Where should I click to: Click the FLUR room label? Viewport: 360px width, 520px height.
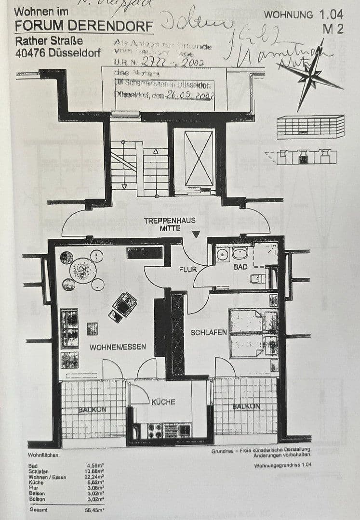coord(188,270)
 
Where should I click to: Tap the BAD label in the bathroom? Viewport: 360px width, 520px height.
coord(240,266)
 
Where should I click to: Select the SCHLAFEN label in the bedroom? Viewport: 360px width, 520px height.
coord(209,332)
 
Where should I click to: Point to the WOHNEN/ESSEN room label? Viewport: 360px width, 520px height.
coord(118,347)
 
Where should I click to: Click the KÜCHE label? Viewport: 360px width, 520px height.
coord(163,402)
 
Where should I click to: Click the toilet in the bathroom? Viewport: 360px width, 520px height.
coord(257,278)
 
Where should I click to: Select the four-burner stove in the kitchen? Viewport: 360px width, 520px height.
coord(155,430)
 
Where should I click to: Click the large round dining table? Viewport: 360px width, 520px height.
coord(83,270)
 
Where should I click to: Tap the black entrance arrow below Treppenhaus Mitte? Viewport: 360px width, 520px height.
coord(196,234)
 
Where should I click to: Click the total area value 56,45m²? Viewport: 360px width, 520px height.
coord(95,509)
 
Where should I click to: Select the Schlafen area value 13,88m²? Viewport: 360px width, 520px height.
coord(96,471)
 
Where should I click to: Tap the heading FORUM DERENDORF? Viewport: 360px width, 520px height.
coord(84,26)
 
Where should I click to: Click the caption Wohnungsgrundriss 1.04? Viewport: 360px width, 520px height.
coord(282,466)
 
